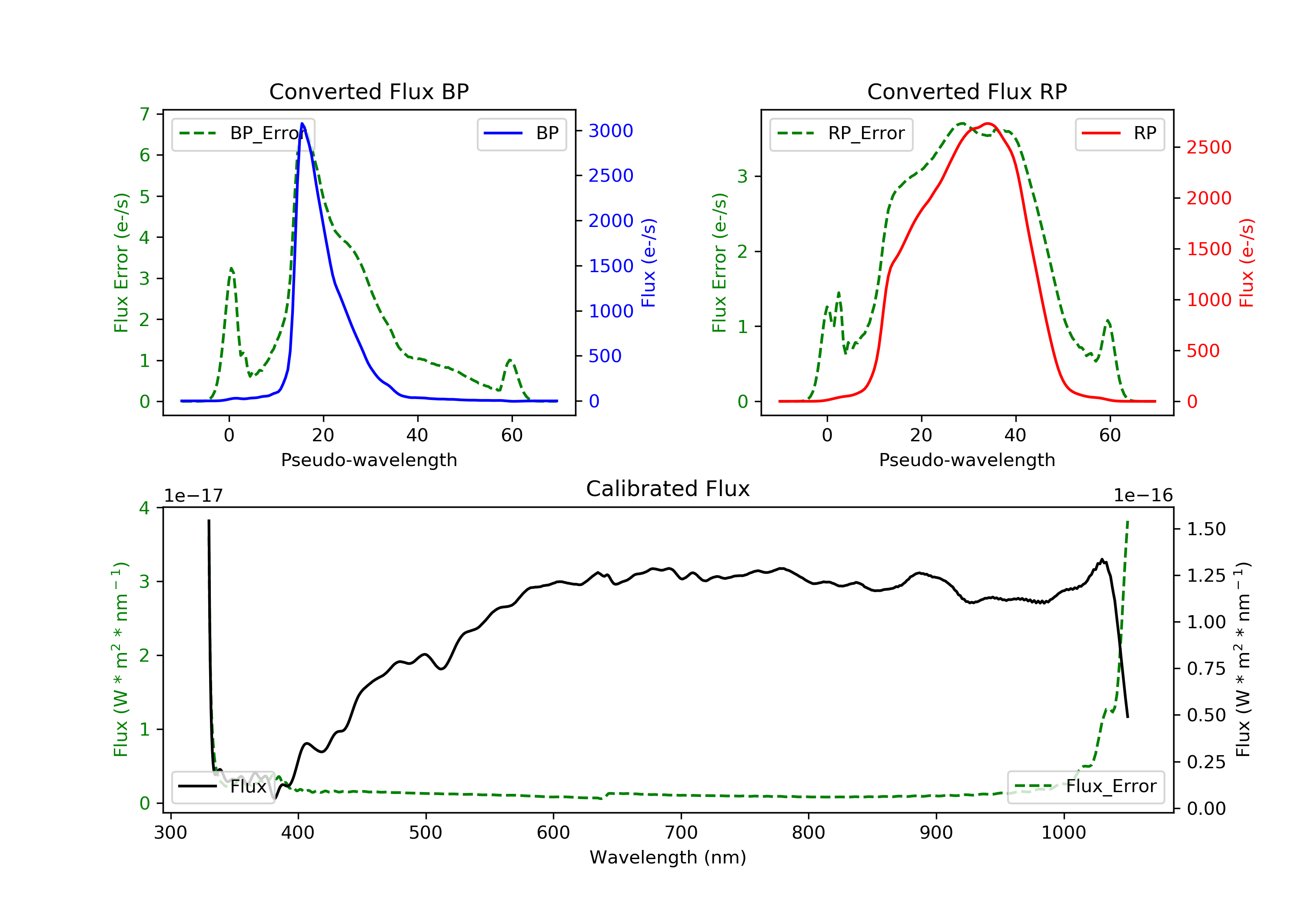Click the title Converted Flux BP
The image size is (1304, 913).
369,91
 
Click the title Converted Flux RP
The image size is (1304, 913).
967,91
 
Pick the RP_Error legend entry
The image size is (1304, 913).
841,133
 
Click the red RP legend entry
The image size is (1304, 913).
1119,133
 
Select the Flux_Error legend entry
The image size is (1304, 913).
1085,786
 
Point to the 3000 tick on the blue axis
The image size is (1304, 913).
611,131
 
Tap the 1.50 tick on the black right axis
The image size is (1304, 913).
1206,529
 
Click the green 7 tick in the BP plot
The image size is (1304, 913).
145,114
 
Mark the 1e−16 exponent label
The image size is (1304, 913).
1143,496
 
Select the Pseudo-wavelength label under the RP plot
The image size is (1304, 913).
967,460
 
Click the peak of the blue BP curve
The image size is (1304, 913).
302,123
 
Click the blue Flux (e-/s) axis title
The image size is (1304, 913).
649,263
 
